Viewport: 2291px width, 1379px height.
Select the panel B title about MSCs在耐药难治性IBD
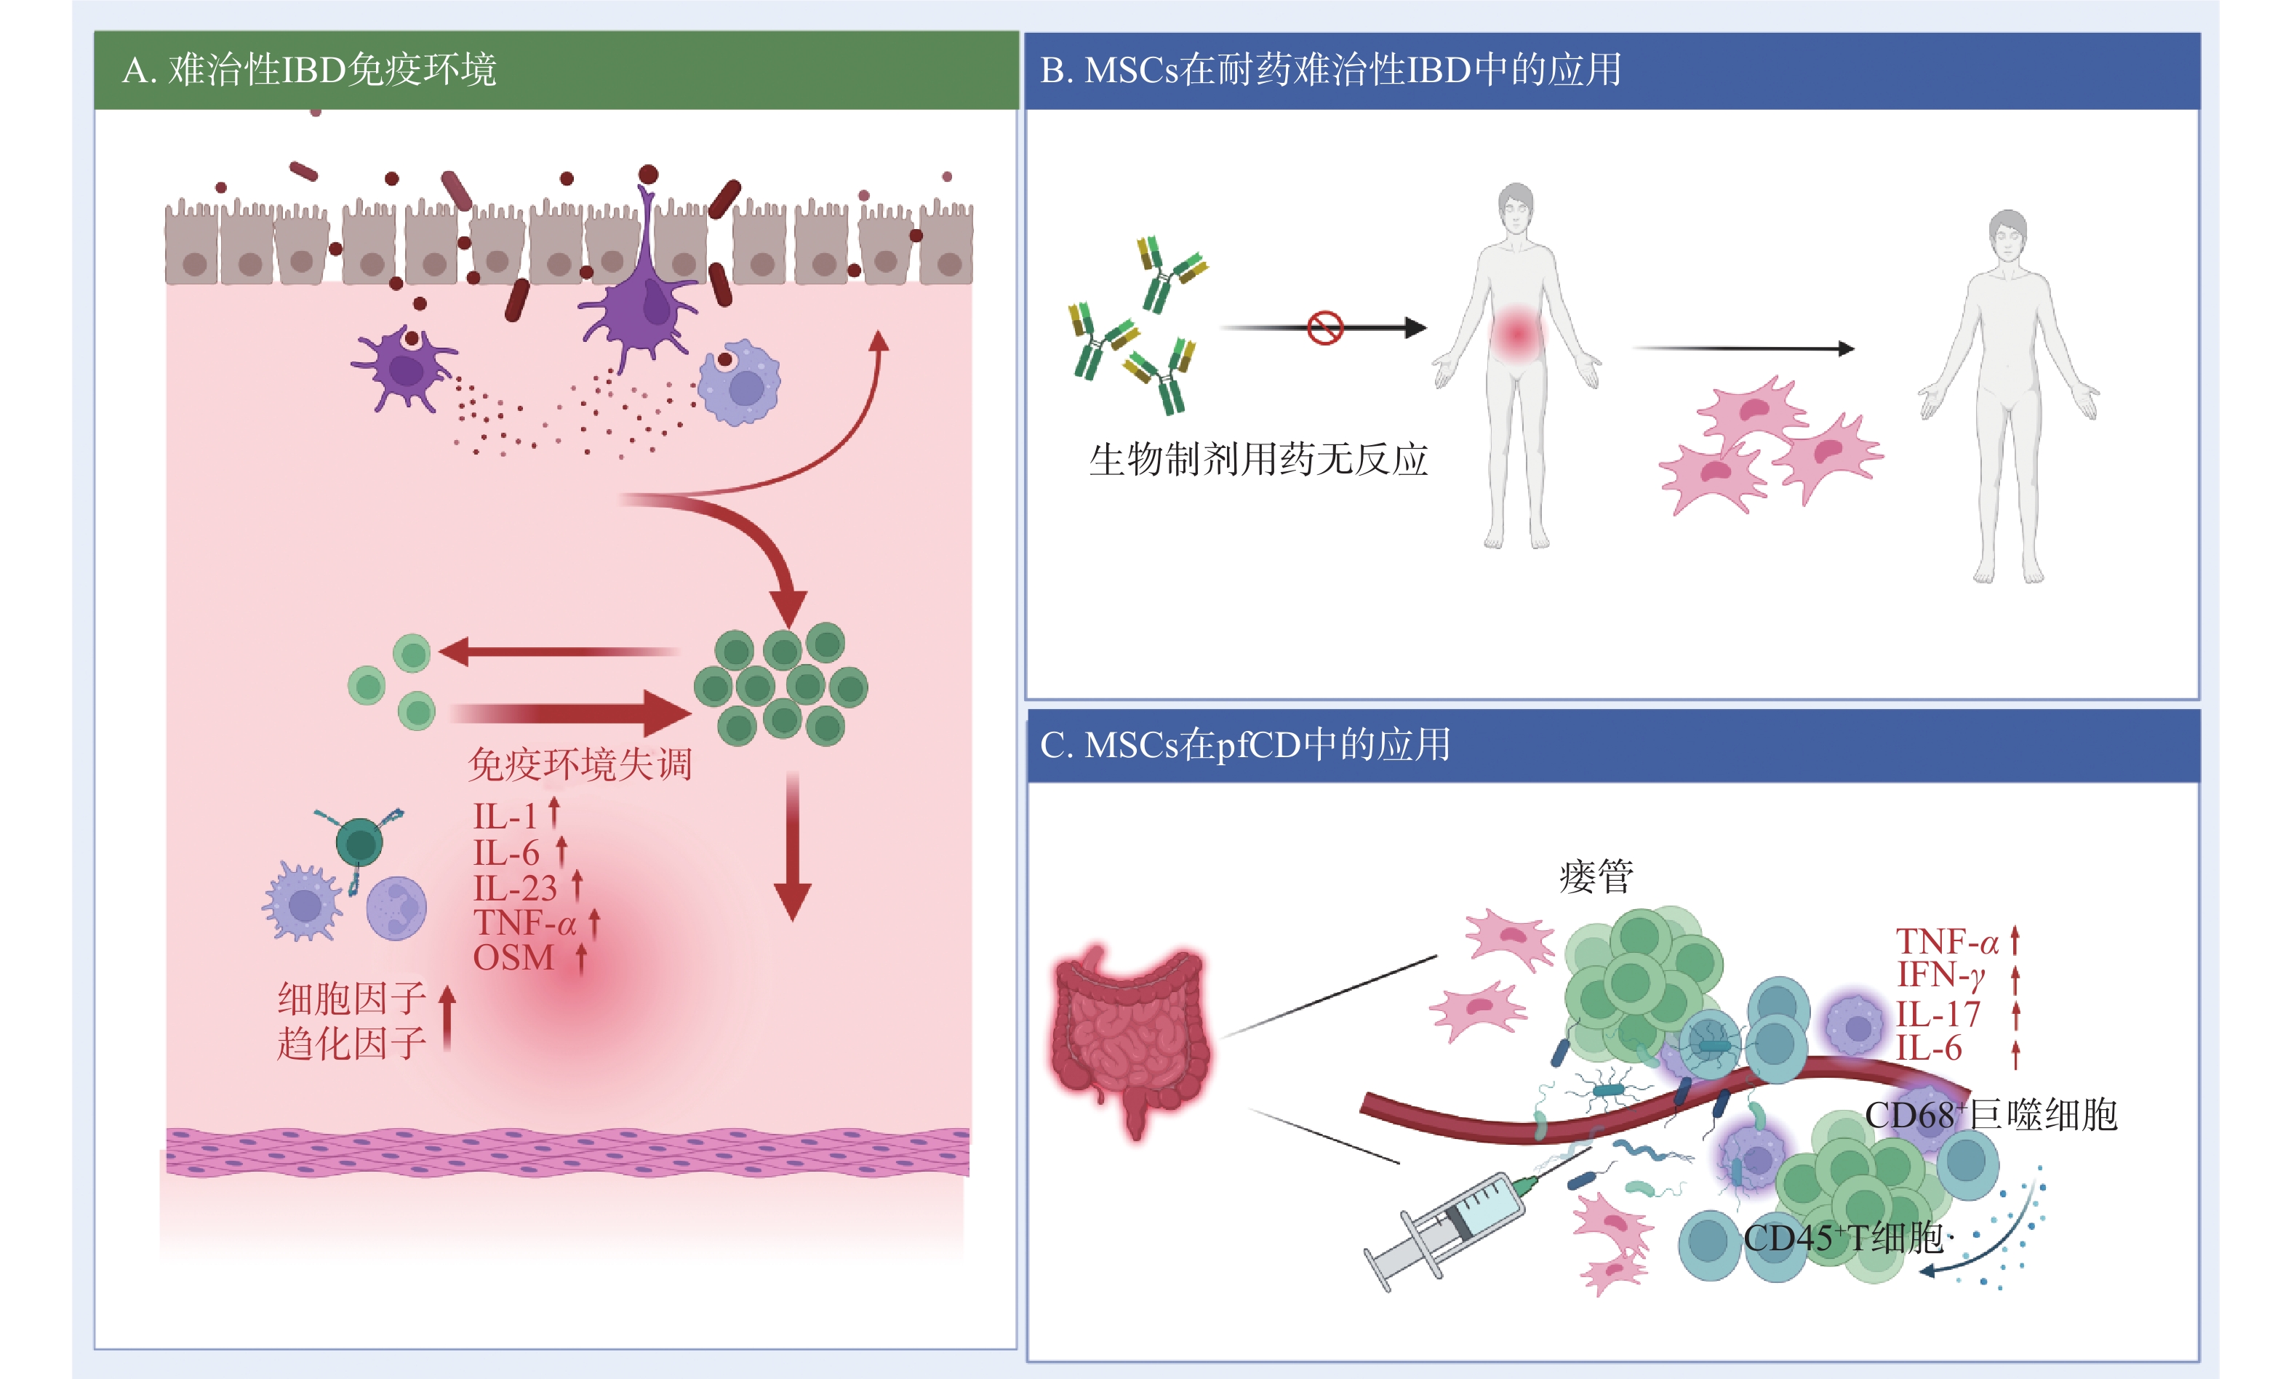pos(1330,71)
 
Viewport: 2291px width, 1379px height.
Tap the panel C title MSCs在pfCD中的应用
pos(1245,746)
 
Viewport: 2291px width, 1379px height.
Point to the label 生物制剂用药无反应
pos(1258,460)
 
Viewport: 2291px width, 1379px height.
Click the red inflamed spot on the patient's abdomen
pos(1517,332)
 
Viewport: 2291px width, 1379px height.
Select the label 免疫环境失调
pos(580,764)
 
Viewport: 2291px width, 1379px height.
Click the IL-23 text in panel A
pos(515,888)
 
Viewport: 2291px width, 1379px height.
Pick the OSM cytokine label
pos(513,958)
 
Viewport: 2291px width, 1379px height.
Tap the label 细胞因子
pos(352,999)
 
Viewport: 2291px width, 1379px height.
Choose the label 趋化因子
pos(352,1044)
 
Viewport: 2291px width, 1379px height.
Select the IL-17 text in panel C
pos(1938,1014)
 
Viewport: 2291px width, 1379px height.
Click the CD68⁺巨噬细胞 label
pos(1990,1115)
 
